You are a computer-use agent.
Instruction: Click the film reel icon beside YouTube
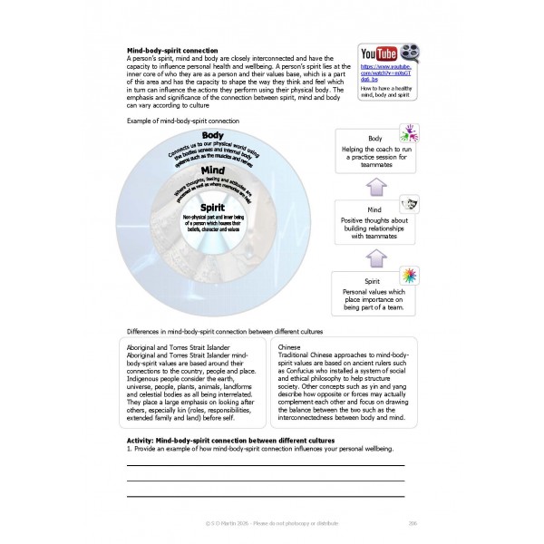tap(410, 52)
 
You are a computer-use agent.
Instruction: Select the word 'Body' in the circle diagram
tap(213, 136)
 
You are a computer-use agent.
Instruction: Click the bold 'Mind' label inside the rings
tap(213, 170)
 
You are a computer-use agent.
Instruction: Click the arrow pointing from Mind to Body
tap(374, 184)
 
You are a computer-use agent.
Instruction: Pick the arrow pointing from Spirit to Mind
tap(374, 257)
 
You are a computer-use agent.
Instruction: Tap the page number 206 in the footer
tap(413, 523)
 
